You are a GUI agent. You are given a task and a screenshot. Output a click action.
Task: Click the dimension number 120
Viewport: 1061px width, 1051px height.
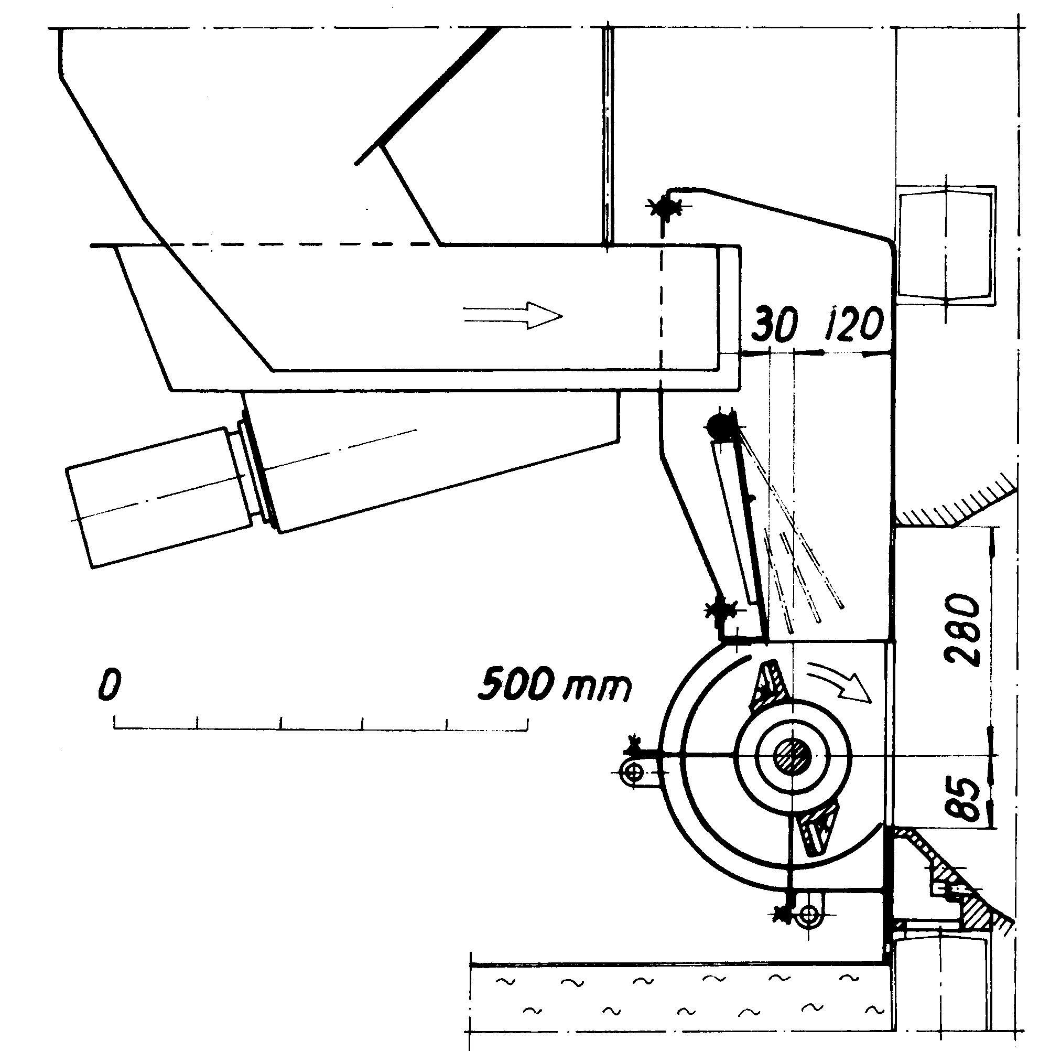click(853, 324)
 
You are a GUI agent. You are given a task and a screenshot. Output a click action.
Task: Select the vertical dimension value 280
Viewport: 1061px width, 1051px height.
click(961, 629)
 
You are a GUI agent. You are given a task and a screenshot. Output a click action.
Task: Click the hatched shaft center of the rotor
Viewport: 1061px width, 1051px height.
click(793, 757)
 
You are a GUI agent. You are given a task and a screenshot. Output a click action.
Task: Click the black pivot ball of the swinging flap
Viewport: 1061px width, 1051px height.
click(720, 425)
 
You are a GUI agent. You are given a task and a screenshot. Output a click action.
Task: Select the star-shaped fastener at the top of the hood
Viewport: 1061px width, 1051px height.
click(665, 208)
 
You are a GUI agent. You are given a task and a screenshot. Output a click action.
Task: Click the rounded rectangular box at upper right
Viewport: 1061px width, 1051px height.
click(946, 245)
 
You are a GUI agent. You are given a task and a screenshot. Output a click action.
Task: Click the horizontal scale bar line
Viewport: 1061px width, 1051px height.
click(321, 729)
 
